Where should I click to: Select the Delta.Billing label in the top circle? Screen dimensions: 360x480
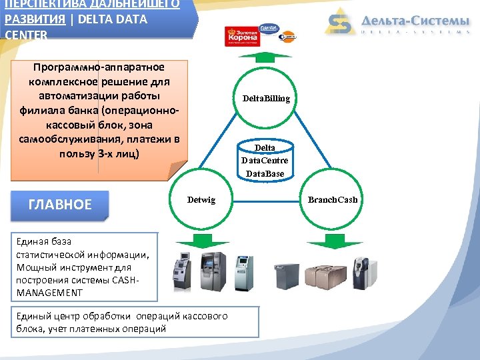(266, 99)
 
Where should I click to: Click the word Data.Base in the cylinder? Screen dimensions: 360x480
(265, 174)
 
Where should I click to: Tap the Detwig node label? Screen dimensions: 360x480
(201, 200)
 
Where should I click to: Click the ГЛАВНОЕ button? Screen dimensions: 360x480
(60, 205)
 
